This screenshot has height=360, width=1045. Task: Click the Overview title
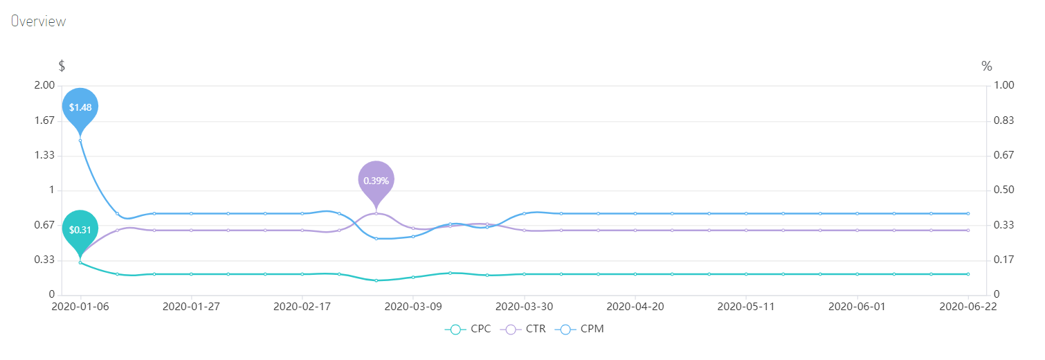38,21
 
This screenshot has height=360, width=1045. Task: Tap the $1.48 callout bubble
80,107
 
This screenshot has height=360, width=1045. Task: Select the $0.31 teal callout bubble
80,229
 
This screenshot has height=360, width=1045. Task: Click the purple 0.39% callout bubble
376,180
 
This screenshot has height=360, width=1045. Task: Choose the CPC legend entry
468,329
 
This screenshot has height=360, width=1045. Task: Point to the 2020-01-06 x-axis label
80,305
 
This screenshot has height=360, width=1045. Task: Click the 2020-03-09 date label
413,305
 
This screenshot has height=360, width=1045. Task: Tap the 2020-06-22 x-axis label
967,305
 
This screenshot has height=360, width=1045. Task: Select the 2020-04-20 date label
635,305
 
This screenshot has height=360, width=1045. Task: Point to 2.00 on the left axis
44,85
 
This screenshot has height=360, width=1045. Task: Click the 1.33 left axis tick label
44,155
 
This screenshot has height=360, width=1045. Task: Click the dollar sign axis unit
62,66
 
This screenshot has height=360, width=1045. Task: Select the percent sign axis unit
987,66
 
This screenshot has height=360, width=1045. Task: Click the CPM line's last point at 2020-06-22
967,213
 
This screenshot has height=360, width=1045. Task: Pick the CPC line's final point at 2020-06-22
967,274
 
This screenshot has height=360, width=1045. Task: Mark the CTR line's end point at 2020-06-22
967,230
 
